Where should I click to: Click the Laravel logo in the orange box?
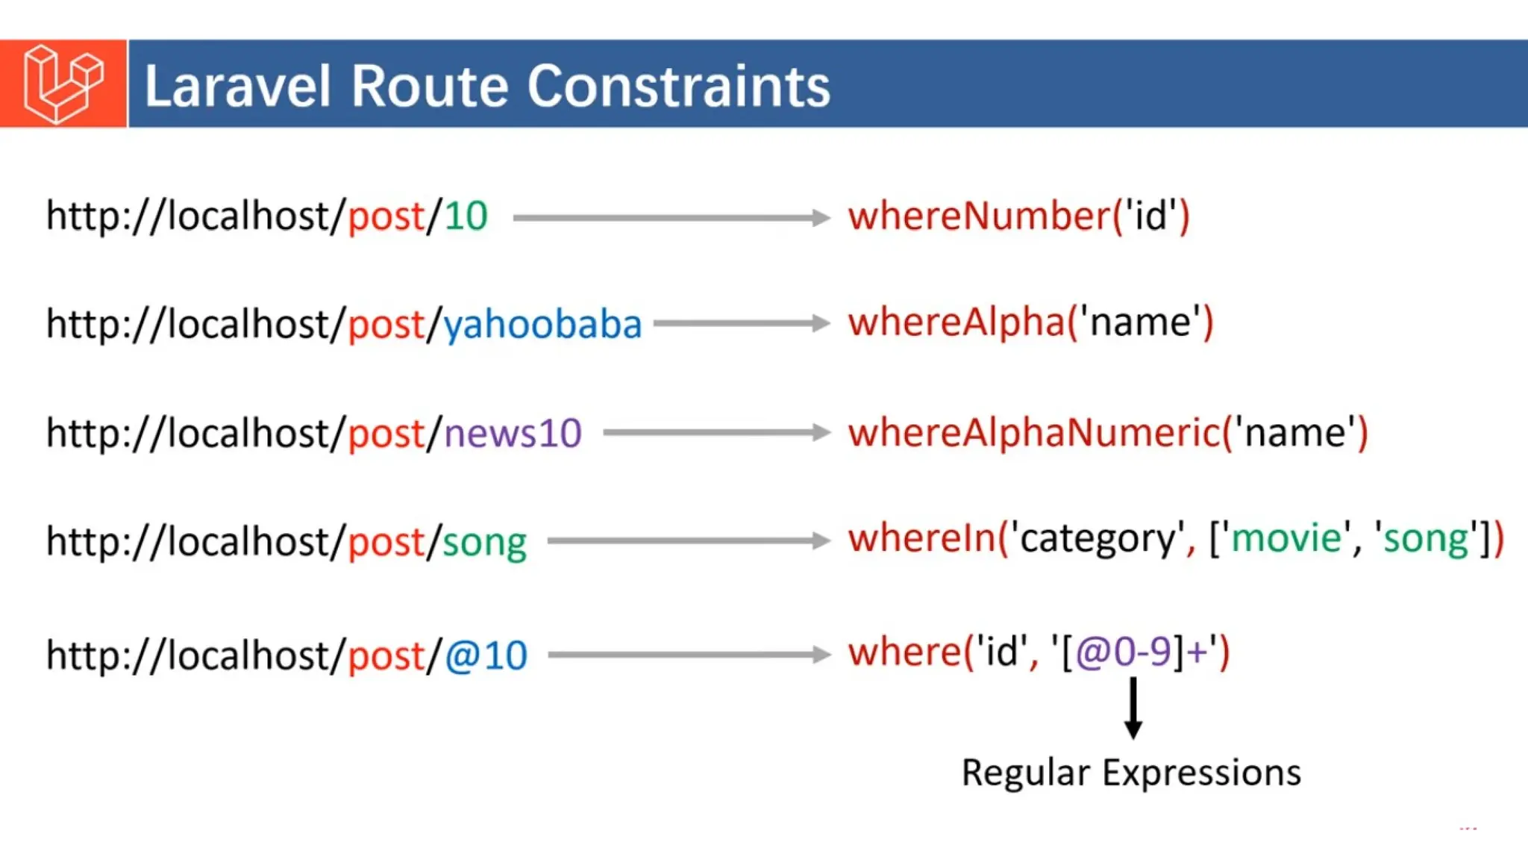click(x=63, y=84)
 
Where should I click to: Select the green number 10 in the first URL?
click(x=466, y=216)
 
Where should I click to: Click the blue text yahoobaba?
click(x=542, y=325)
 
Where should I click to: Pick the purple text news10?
click(x=513, y=434)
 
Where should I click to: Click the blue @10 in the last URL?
click(x=486, y=656)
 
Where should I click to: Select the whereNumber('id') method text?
click(x=1018, y=216)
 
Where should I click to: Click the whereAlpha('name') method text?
click(x=1030, y=323)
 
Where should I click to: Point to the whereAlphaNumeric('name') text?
click(x=1108, y=434)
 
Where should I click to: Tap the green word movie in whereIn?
click(x=1286, y=538)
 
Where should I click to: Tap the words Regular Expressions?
click(x=1131, y=773)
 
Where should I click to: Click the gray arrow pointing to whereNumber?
click(x=671, y=218)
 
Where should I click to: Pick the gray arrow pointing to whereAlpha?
click(x=742, y=323)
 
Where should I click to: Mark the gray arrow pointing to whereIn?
click(x=688, y=541)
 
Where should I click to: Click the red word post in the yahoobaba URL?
click(x=386, y=325)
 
